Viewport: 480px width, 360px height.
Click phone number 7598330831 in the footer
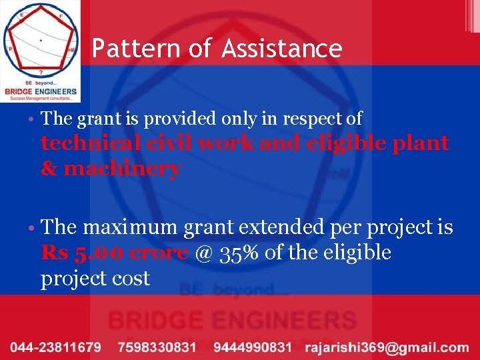point(157,347)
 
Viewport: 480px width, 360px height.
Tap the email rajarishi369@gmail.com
point(387,347)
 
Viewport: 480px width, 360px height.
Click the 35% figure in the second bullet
point(232,253)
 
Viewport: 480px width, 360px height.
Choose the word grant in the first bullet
point(95,119)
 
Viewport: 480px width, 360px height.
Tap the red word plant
point(422,143)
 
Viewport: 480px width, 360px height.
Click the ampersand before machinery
point(49,169)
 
